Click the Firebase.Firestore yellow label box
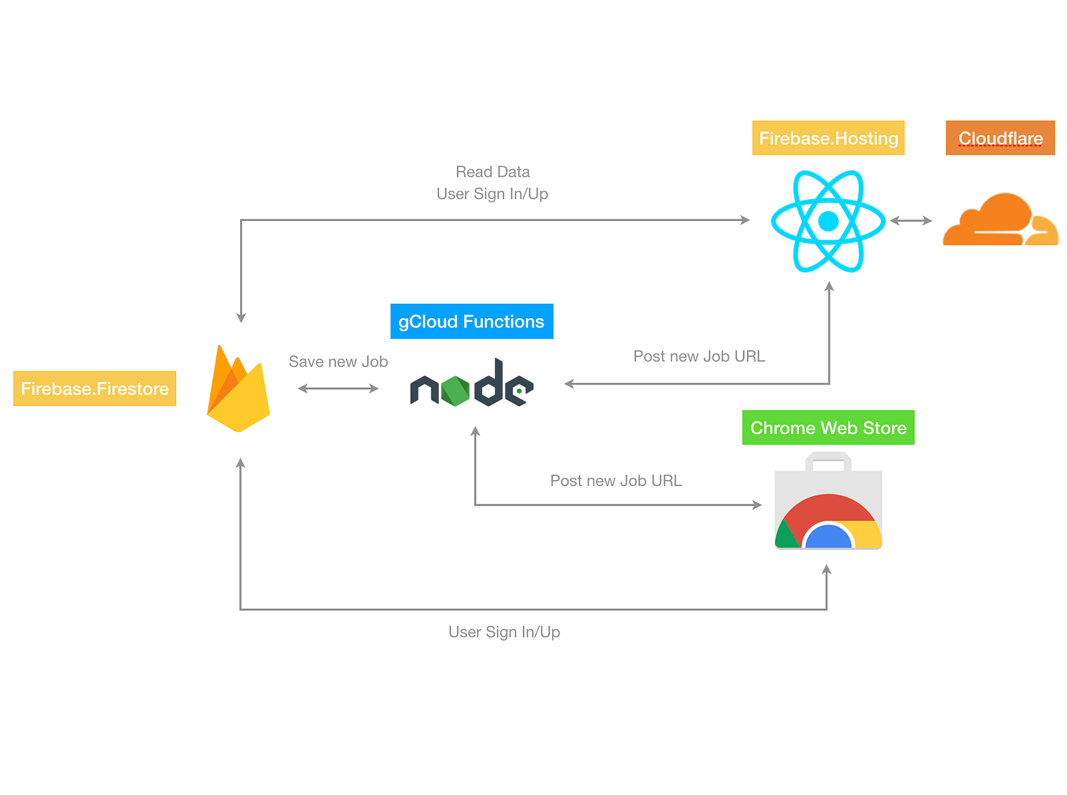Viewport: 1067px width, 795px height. pos(95,388)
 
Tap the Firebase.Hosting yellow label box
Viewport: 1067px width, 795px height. pos(828,138)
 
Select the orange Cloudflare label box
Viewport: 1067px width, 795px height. pos(1000,138)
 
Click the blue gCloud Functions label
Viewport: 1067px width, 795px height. pos(471,321)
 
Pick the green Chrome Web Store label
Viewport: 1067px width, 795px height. pos(828,428)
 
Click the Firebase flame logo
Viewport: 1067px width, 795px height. pos(238,388)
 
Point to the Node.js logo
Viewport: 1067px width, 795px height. pos(471,382)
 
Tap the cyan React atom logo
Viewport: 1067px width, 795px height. pos(828,221)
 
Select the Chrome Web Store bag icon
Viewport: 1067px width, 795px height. pos(828,501)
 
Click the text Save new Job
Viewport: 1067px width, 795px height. pos(338,362)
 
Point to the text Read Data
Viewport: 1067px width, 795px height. pos(493,172)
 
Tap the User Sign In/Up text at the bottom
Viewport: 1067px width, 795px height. pos(504,631)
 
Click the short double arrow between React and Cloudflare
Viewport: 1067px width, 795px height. pos(911,220)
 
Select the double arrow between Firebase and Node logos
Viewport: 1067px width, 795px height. pos(338,388)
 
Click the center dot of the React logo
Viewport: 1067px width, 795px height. pos(828,221)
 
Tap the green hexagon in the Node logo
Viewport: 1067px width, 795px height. pos(455,391)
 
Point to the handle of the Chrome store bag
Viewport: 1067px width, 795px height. pos(828,456)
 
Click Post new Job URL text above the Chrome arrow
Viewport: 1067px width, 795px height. pos(616,481)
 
